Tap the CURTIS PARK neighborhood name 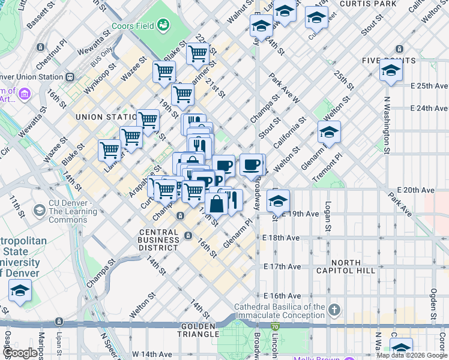368,4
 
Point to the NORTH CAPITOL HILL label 354,267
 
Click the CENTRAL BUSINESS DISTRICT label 158,239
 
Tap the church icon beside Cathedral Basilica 334,310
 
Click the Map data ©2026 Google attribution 412,355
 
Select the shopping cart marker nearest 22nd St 197,53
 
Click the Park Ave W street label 284,88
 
